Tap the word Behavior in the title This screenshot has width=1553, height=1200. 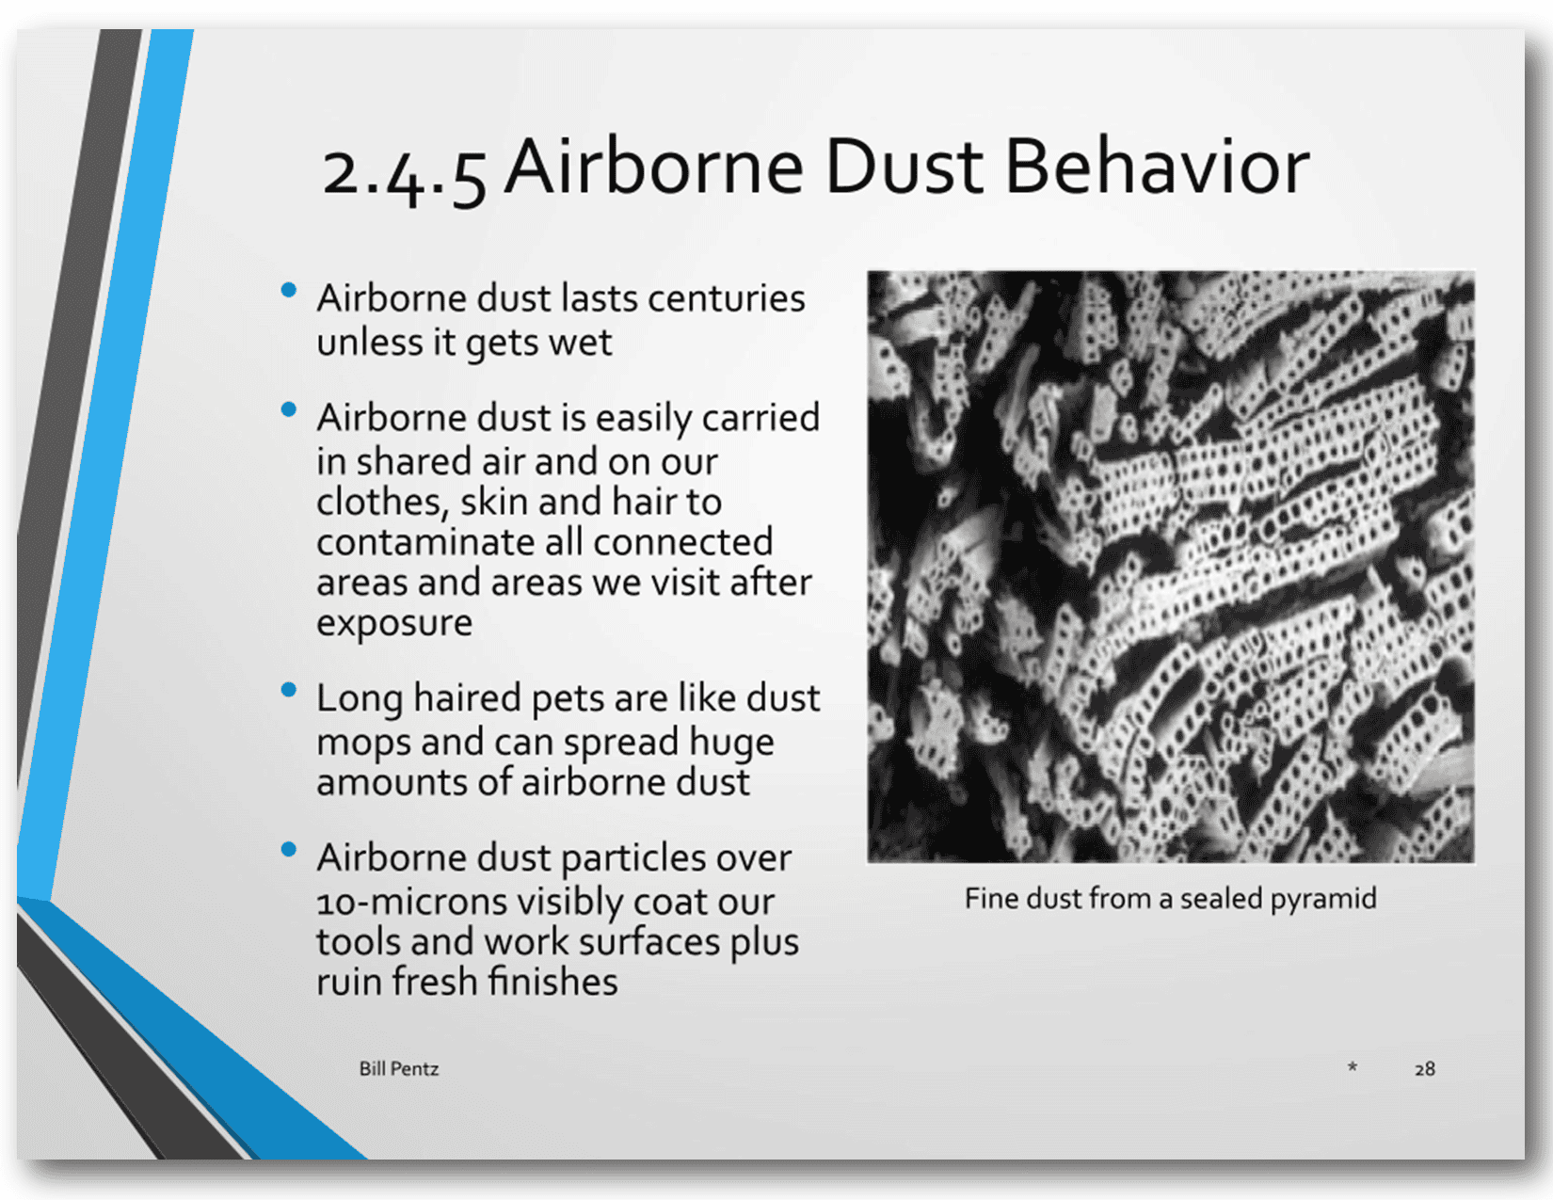point(1157,167)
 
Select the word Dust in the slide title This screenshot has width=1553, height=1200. point(905,167)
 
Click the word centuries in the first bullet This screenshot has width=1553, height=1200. point(726,297)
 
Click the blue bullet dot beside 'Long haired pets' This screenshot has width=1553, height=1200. point(289,690)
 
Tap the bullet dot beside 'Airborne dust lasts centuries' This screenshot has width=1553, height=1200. point(289,290)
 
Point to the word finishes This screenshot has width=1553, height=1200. point(553,981)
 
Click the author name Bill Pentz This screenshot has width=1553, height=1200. point(399,1068)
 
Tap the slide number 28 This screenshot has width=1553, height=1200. point(1424,1068)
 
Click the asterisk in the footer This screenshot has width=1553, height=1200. point(1353,1067)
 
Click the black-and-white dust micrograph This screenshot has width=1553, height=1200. point(1171,566)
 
